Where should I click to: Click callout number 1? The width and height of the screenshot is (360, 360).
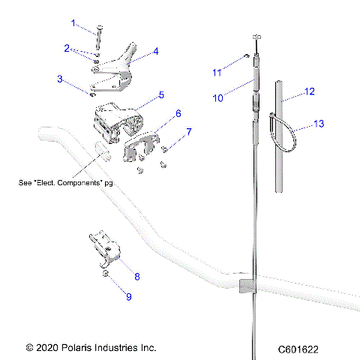point(73,23)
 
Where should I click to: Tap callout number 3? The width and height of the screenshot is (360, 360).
point(61,78)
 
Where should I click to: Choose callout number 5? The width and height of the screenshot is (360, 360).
point(160,96)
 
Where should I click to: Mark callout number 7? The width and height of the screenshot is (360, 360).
point(188,131)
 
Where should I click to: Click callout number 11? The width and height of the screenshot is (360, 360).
point(217,72)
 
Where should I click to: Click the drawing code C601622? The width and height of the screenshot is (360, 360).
point(298,349)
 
